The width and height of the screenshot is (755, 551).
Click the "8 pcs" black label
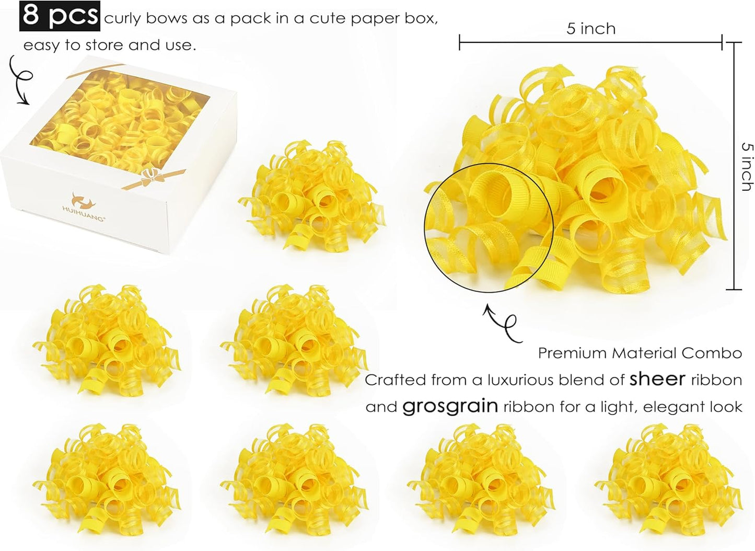(x=60, y=16)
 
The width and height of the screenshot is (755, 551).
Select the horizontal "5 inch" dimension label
(x=590, y=28)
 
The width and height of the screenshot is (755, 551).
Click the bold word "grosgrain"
(x=450, y=406)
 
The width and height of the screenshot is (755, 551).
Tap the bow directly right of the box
(x=308, y=196)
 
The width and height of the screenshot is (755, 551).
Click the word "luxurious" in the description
(x=526, y=380)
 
